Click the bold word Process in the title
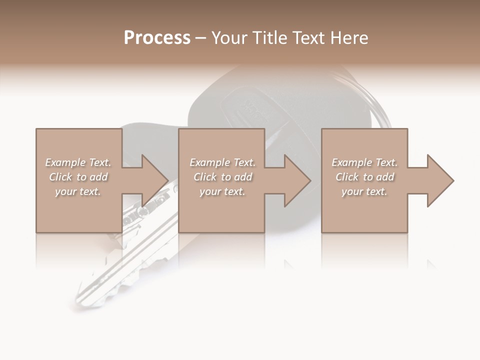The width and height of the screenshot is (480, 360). [157, 38]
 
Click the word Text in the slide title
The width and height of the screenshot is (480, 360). [308, 38]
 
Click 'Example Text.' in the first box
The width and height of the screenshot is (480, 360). [78, 162]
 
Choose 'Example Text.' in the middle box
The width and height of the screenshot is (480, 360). [222, 162]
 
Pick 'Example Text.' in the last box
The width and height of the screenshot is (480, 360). [364, 162]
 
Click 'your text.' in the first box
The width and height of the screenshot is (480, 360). [78, 191]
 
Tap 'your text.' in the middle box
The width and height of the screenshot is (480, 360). [222, 191]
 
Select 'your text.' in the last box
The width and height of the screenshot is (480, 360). [364, 191]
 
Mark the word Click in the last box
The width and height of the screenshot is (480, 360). [347, 177]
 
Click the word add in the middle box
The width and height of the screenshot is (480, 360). [243, 177]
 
